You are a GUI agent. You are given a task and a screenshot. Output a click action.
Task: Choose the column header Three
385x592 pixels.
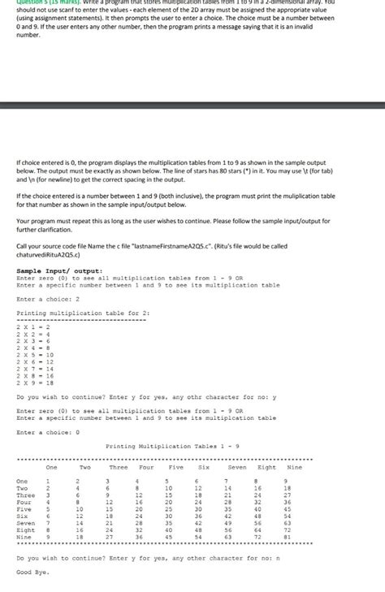[119, 468]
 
